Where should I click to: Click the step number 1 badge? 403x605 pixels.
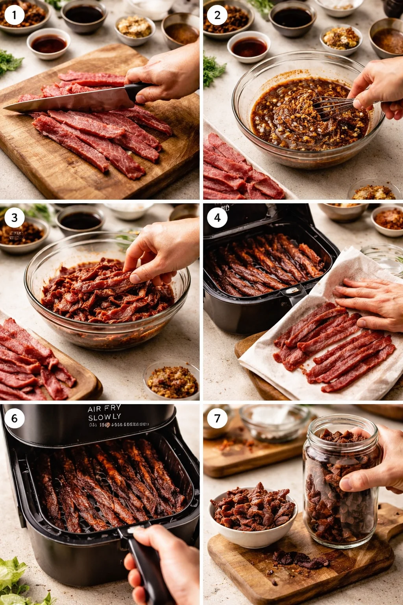[x=15, y=15]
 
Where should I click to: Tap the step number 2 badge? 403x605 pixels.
[x=217, y=15]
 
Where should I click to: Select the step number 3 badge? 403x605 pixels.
[x=15, y=217]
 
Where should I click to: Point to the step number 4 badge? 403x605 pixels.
[x=217, y=217]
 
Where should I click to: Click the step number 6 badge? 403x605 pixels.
[x=15, y=418]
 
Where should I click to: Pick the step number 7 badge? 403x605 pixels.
[x=217, y=418]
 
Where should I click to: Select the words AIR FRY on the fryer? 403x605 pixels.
[x=104, y=409]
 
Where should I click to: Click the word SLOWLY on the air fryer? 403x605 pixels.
[x=104, y=417]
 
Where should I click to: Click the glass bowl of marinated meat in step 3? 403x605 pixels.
[x=106, y=299]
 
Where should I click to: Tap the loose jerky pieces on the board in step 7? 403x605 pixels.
[x=299, y=559]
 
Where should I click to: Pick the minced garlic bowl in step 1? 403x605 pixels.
[x=135, y=28]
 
